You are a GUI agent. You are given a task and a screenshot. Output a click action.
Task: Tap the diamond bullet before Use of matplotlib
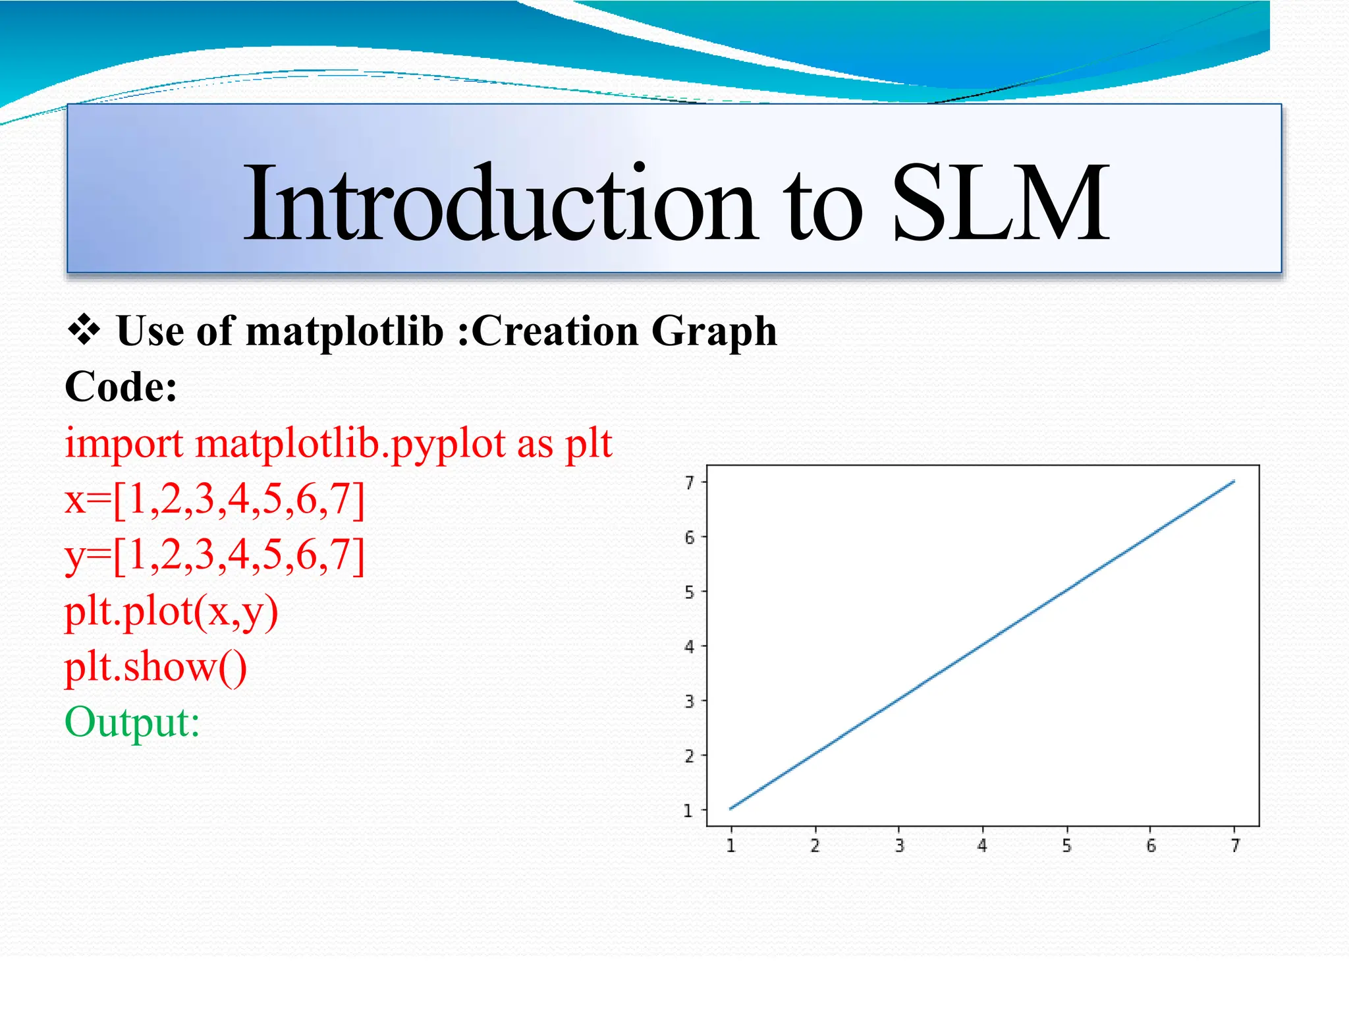click(x=84, y=329)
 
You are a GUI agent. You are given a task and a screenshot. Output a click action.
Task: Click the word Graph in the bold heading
click(x=714, y=332)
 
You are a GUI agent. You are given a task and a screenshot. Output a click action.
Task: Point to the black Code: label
click(x=121, y=387)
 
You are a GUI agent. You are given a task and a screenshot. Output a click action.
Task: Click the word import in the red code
click(x=124, y=444)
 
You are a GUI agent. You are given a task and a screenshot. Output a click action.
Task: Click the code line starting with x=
click(x=215, y=499)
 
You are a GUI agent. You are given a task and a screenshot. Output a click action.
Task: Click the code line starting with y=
click(x=215, y=555)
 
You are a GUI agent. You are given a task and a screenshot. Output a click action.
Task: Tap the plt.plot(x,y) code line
click(x=171, y=611)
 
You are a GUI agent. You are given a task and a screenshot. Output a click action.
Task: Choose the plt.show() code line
click(x=155, y=667)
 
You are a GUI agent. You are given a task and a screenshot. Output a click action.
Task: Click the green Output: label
click(x=132, y=722)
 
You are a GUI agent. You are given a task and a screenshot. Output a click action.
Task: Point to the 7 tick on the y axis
click(x=689, y=483)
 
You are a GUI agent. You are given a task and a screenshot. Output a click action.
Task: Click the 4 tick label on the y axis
click(x=689, y=646)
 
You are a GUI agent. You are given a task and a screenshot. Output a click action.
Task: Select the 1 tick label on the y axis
click(x=688, y=810)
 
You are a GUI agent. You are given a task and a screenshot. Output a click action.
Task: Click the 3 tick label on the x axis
click(x=899, y=845)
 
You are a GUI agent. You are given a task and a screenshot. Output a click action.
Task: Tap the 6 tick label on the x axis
click(x=1151, y=845)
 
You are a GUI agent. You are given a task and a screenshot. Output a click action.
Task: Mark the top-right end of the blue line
click(x=1234, y=482)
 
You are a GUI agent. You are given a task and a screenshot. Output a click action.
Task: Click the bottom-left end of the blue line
click(x=731, y=808)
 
